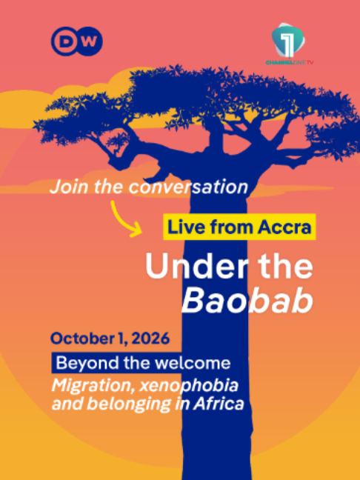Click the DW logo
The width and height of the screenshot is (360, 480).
coord(76,41)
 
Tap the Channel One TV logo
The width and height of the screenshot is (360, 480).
coord(290,44)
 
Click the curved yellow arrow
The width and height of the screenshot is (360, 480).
coord(125,219)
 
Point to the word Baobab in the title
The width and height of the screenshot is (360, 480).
coord(247,301)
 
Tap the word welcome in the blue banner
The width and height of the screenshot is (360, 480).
coord(193,363)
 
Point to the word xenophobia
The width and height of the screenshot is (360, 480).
coord(189,386)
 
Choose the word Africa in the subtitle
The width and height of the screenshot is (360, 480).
coord(219,404)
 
